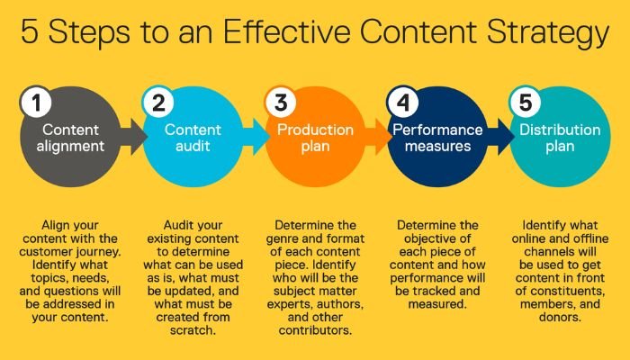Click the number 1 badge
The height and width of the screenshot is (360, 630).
pos(33,103)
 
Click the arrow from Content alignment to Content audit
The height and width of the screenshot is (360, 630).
pos(131,137)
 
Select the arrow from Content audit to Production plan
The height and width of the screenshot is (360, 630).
pos(255,137)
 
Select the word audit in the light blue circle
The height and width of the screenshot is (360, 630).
pos(193,147)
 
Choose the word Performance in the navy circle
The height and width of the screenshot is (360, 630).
pos(436,130)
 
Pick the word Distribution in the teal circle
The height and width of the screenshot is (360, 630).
pos(560,130)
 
